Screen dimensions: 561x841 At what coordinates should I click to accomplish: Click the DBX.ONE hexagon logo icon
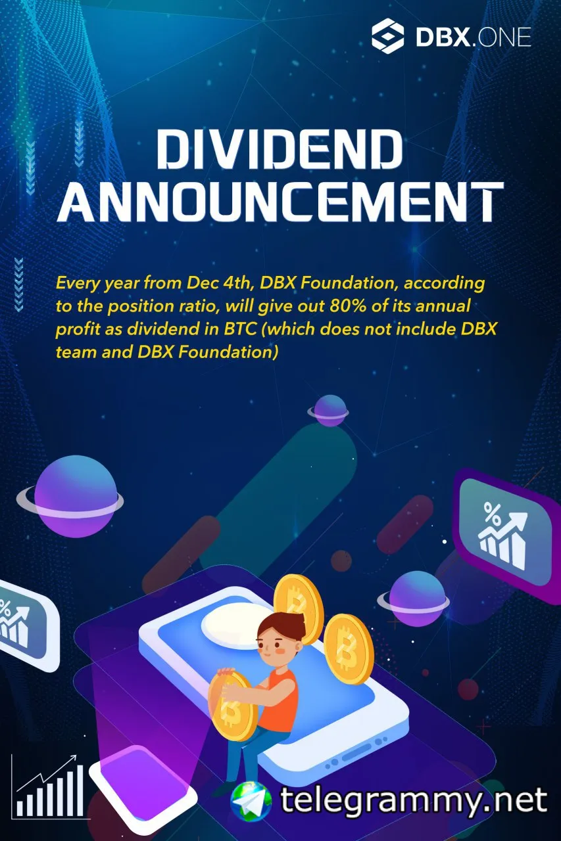pos(388,36)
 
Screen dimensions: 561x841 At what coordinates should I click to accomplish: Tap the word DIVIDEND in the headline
pos(280,149)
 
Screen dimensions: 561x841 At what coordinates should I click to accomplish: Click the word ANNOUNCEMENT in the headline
pos(280,202)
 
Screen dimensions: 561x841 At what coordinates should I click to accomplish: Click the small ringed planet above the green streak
pos(328,411)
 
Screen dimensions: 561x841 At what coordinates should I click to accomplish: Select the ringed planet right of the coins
pos(414,599)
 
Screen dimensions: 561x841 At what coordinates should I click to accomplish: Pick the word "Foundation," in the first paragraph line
pos(349,283)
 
